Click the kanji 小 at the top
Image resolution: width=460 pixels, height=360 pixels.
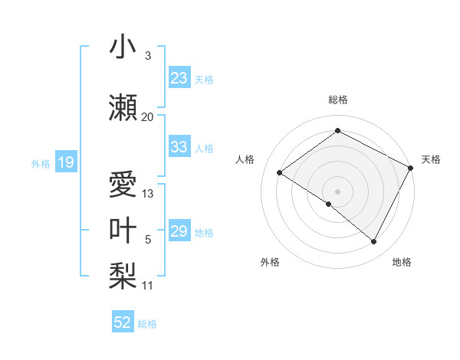tap(123, 48)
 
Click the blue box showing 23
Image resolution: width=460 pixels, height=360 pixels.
tap(179, 77)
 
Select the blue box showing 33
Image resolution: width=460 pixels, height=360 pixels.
tap(179, 147)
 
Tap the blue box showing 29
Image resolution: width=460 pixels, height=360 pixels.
tap(179, 231)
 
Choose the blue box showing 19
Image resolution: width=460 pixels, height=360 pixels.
tap(65, 162)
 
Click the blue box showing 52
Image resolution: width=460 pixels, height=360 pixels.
tap(123, 322)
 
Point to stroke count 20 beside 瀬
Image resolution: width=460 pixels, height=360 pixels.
tap(147, 116)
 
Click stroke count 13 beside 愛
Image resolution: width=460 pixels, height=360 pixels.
tap(148, 194)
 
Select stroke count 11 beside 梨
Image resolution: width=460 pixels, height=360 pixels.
tap(147, 286)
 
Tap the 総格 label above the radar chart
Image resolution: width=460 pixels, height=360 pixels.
tap(337, 100)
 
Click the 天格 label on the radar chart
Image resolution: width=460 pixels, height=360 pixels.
tap(431, 159)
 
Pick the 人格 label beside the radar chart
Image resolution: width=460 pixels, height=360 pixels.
tap(245, 159)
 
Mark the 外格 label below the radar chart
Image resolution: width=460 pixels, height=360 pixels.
tap(270, 262)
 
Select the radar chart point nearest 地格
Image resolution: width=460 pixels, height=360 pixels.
tap(374, 242)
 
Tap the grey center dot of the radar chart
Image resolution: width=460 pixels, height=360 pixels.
tap(337, 191)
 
